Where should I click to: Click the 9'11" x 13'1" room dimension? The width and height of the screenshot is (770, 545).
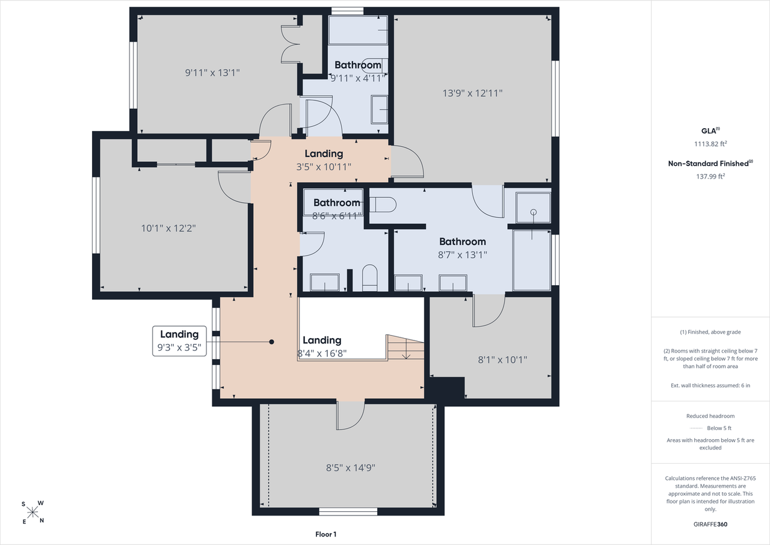coord(212,73)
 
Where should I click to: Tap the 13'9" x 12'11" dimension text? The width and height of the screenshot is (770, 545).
coord(472,93)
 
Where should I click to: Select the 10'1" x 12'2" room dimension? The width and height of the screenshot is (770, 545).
coord(168,228)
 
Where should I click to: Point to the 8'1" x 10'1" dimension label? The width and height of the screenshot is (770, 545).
coord(502,360)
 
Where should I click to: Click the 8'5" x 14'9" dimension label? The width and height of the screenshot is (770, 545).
coord(351,467)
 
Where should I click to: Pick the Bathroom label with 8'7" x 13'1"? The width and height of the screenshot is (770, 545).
coord(463,242)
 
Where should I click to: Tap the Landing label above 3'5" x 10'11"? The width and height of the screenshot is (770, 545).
coord(324,153)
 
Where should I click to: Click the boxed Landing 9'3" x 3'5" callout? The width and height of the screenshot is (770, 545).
coord(179,341)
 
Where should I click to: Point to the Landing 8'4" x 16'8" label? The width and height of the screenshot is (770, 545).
coord(322,346)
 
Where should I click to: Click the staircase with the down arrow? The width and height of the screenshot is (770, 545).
coord(406,347)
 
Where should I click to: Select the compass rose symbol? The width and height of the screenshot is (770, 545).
coord(32,513)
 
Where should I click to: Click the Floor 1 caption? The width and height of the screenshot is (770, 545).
coord(326,534)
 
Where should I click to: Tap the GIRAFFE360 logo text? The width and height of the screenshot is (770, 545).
coord(710,525)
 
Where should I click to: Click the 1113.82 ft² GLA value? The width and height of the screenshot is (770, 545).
coord(710,144)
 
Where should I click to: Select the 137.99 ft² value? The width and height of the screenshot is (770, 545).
coord(710,176)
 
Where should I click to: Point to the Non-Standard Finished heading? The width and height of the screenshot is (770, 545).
coord(710,164)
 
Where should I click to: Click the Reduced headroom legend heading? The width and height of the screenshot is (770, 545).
coord(710,416)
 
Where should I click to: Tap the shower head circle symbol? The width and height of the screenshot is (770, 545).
coord(533,212)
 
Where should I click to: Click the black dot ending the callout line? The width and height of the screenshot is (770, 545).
coord(271,342)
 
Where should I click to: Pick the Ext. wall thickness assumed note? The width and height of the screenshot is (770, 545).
coord(710,386)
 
